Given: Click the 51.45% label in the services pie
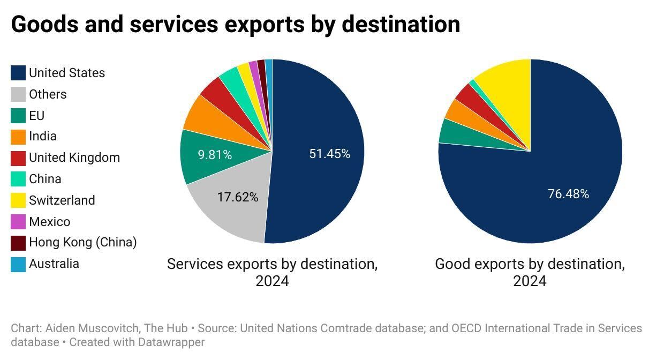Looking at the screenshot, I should pyautogui.click(x=329, y=154).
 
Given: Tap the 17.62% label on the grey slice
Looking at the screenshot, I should pyautogui.click(x=237, y=197).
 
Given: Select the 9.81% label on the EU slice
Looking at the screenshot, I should pyautogui.click(x=214, y=155).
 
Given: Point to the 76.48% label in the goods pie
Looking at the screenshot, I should pyautogui.click(x=568, y=194).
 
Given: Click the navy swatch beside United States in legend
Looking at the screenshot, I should pyautogui.click(x=18, y=73).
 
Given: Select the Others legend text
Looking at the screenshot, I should pyautogui.click(x=48, y=94).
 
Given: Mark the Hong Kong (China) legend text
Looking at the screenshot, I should pyautogui.click(x=82, y=242).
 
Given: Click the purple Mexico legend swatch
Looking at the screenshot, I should pyautogui.click(x=18, y=222).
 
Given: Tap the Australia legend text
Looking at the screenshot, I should pyautogui.click(x=54, y=264).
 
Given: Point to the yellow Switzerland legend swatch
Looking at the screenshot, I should pyautogui.click(x=18, y=200).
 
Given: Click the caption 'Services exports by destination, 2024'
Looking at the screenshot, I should pyautogui.click(x=272, y=272).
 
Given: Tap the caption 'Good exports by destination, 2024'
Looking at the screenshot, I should pyautogui.click(x=530, y=272).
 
